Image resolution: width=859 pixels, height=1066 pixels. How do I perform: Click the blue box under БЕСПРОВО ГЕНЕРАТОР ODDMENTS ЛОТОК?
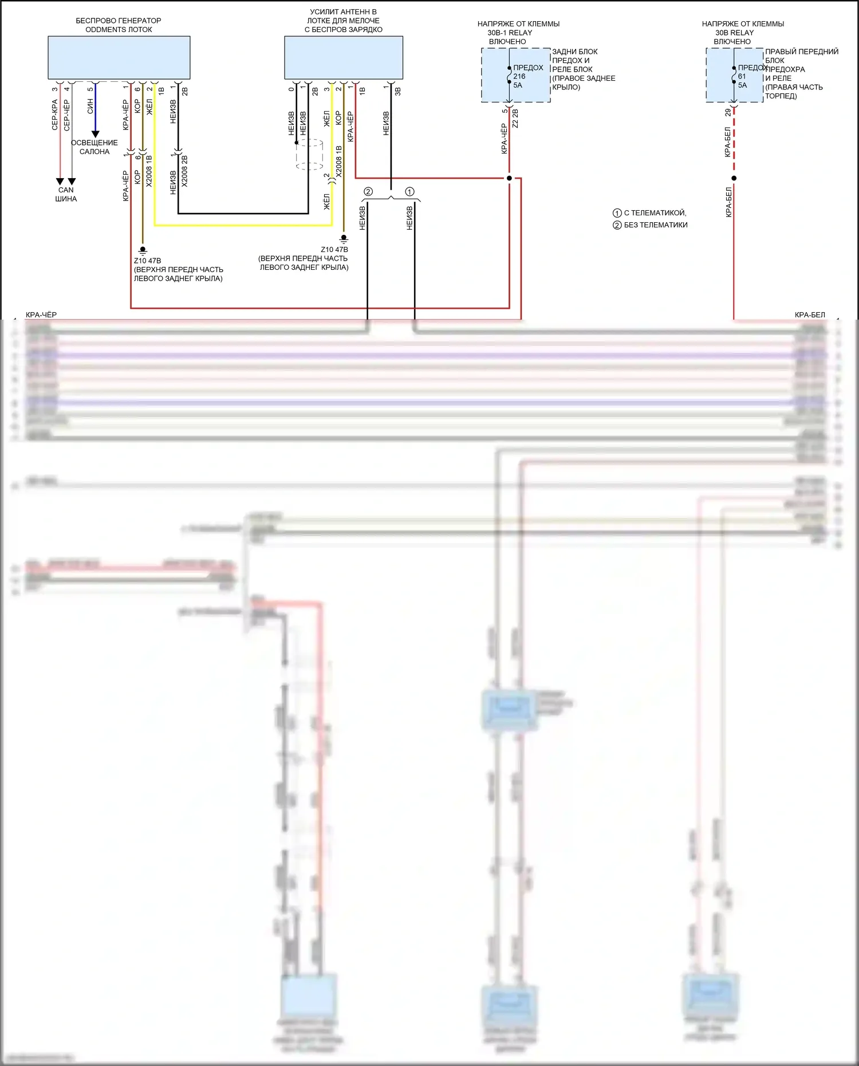pos(119,57)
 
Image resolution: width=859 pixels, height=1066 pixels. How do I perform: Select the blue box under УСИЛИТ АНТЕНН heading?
pos(344,57)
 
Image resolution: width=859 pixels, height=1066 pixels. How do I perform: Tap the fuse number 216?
pos(519,76)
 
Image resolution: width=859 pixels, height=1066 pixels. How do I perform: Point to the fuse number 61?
pos(742,76)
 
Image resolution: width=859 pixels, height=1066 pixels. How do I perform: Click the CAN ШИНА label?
pos(66,194)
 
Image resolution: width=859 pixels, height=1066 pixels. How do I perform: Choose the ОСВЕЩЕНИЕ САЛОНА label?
pos(94,147)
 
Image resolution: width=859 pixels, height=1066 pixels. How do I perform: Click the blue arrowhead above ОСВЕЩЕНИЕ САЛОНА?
pos(96,134)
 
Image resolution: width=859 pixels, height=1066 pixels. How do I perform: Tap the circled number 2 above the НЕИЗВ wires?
pos(368,192)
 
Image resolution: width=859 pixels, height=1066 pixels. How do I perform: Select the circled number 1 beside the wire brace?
pos(409,192)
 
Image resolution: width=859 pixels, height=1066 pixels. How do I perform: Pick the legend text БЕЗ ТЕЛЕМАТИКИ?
pos(655,225)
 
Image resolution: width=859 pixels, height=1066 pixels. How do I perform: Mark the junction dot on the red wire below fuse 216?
pos(509,178)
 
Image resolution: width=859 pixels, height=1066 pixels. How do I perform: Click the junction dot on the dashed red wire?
pos(734,178)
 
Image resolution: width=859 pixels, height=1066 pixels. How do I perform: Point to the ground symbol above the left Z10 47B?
pos(143,250)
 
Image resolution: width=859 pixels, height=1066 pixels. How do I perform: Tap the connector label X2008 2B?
pos(184,171)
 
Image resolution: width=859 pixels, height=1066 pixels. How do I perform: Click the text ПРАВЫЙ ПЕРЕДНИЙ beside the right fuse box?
pos(802,52)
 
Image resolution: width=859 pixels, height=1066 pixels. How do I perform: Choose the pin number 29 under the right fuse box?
pos(728,112)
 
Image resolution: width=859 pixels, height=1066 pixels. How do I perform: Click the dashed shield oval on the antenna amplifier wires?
pos(309,154)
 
